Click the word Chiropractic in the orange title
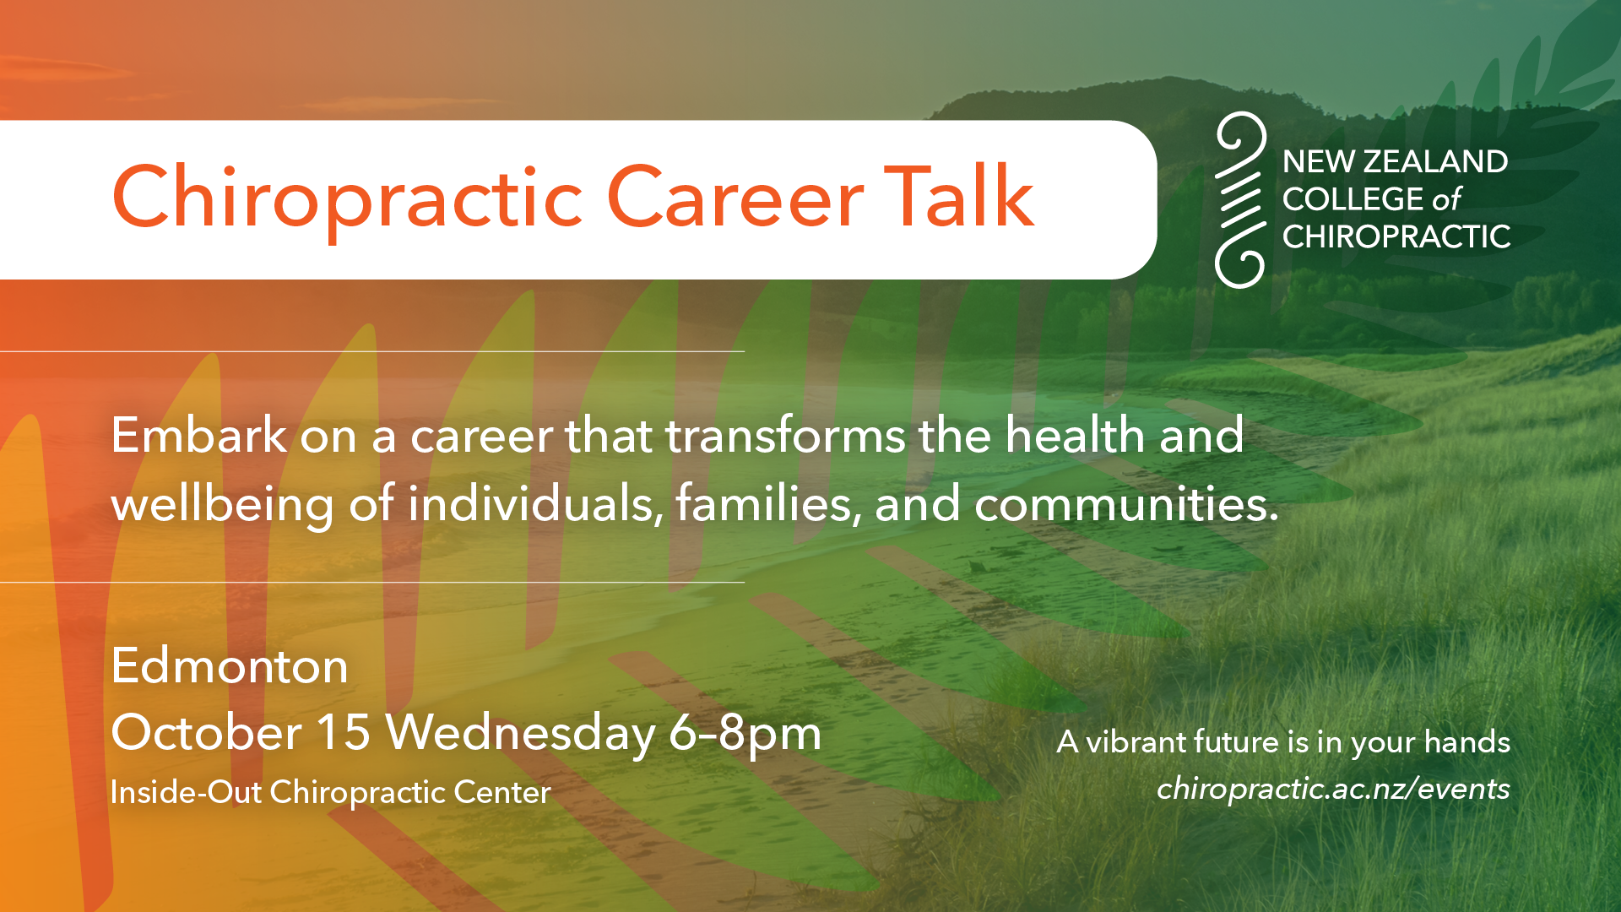click(x=347, y=198)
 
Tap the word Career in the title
click(x=735, y=198)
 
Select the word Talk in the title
click(x=959, y=196)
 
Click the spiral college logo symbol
click(x=1241, y=200)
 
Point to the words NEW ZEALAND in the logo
click(x=1395, y=161)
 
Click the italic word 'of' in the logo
click(x=1445, y=199)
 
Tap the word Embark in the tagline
click(x=199, y=435)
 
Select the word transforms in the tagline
click(x=784, y=436)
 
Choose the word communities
click(x=1126, y=504)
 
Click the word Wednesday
click(x=520, y=733)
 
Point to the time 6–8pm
click(x=745, y=734)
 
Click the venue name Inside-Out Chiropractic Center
click(x=330, y=792)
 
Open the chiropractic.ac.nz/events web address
click(x=1333, y=789)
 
